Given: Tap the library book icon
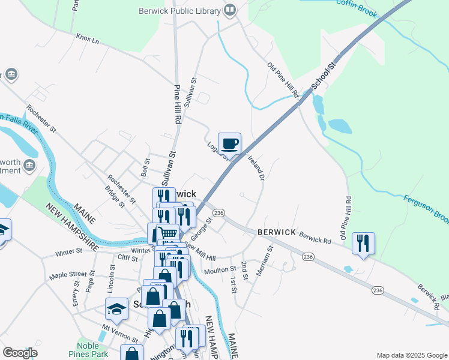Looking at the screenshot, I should [229, 10].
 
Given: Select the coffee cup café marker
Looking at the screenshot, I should [229, 145].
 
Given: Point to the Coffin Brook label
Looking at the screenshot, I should [359, 4].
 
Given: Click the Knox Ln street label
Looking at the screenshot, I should [87, 38].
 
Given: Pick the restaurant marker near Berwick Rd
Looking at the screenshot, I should [363, 244].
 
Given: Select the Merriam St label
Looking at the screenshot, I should [264, 260].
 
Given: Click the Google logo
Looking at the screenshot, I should [20, 353].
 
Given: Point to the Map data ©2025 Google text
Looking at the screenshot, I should [411, 355].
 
